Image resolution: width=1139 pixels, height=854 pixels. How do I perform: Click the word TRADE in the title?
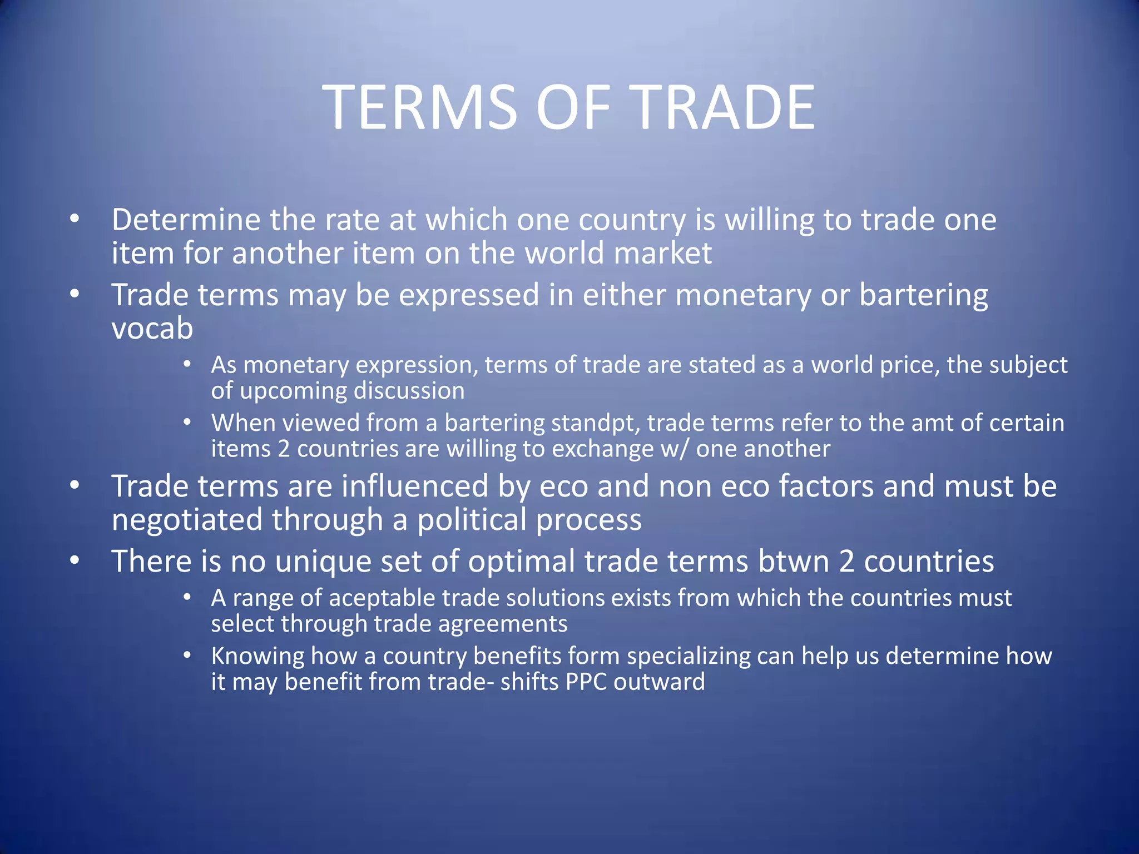coord(724,107)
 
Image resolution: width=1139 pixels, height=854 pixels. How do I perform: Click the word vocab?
coord(152,329)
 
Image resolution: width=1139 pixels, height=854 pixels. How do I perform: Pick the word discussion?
coord(409,390)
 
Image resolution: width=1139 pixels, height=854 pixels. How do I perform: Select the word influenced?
coord(414,486)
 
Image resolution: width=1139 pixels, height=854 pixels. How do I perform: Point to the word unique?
coord(323,562)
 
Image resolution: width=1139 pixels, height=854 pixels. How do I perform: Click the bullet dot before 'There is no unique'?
coord(75,560)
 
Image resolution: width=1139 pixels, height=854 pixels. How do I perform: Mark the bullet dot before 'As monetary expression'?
coord(187,365)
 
